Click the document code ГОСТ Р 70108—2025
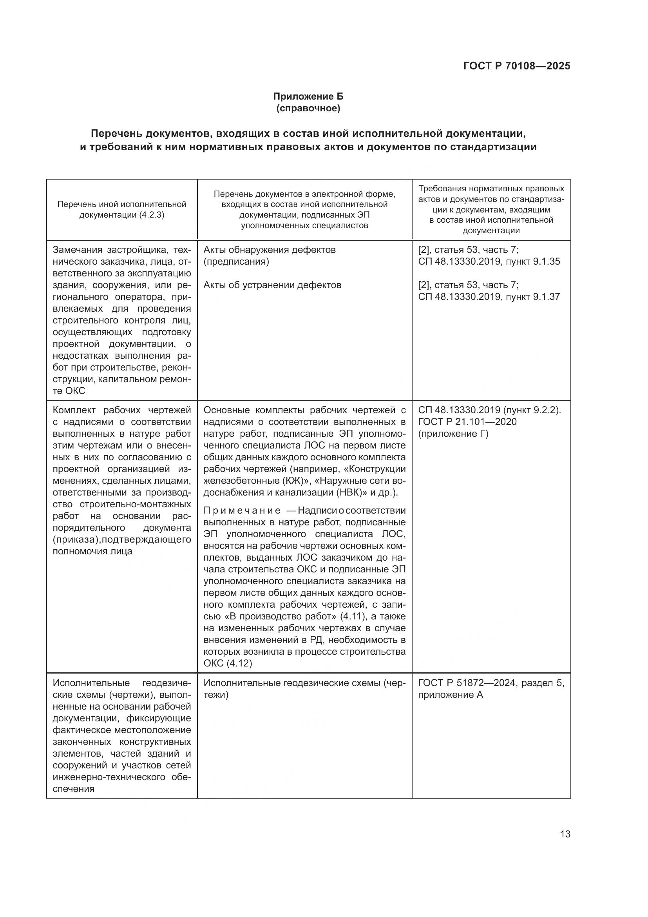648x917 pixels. click(x=517, y=66)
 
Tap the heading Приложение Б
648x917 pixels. click(x=308, y=96)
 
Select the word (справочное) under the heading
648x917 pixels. click(x=308, y=108)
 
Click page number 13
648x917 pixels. click(x=565, y=834)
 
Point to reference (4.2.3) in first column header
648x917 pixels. click(x=151, y=215)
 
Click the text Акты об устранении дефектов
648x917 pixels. click(x=272, y=285)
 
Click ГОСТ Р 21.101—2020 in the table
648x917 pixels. click(x=467, y=422)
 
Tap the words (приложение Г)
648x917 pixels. click(x=453, y=433)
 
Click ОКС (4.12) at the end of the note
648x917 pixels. click(x=228, y=663)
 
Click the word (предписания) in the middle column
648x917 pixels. click(x=236, y=261)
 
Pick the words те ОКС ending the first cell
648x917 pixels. click(x=69, y=390)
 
